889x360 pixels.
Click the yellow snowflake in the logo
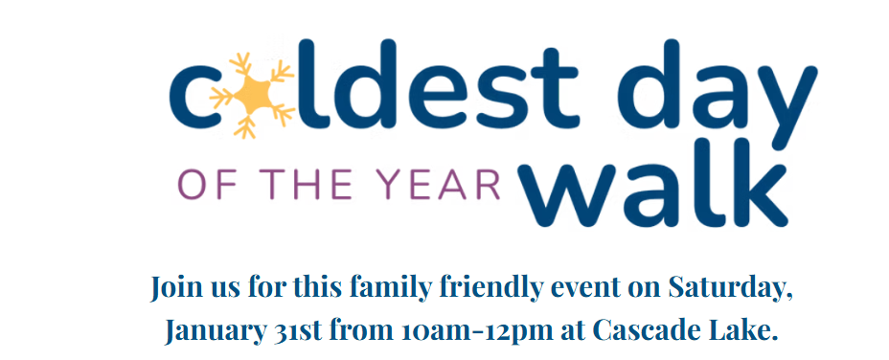click(253, 94)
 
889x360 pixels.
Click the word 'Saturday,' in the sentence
click(731, 287)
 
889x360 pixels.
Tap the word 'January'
click(210, 331)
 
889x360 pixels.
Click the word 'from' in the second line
click(357, 331)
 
